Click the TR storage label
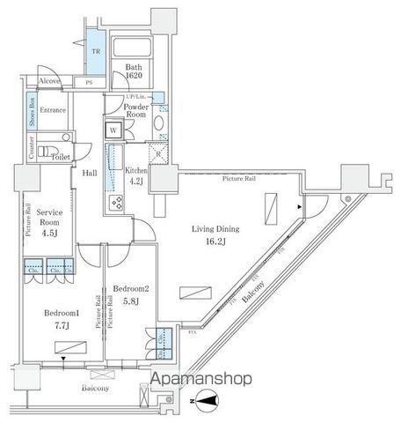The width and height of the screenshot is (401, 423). click(x=97, y=52)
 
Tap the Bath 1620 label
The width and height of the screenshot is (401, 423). click(x=134, y=71)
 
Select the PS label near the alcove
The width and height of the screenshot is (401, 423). click(x=89, y=83)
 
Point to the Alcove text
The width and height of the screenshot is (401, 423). click(x=50, y=81)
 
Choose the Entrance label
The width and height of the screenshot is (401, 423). click(x=54, y=110)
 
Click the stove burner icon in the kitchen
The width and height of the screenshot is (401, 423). click(x=115, y=204)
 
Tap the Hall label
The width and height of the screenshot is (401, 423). click(x=91, y=173)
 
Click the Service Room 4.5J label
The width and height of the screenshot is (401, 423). click(x=50, y=223)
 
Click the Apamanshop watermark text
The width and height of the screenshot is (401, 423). click(x=201, y=380)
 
